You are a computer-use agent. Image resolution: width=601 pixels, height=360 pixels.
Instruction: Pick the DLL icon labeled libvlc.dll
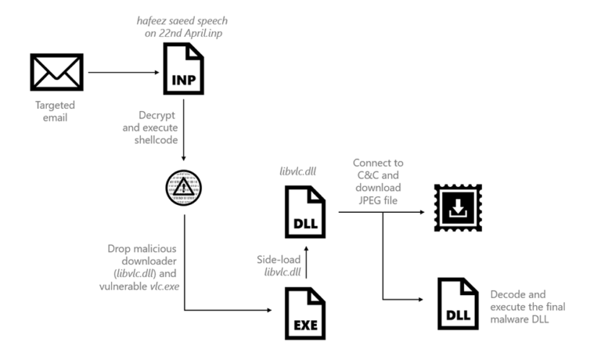pyautogui.click(x=306, y=211)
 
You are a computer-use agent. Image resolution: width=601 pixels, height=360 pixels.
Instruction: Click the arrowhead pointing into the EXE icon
pyautogui.click(x=275, y=310)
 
